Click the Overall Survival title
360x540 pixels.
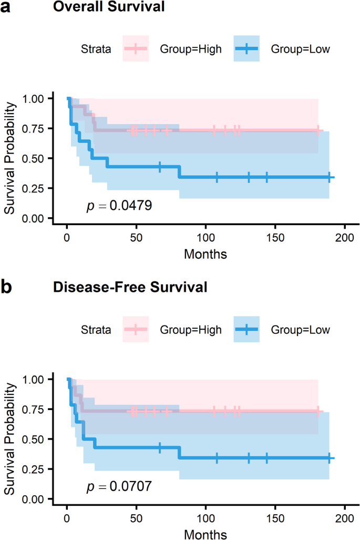point(109,6)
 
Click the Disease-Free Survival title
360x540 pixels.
point(130,287)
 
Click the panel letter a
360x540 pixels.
point(5,7)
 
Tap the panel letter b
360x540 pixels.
point(6,287)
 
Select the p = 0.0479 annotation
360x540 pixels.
point(119,206)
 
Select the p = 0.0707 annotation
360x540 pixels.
point(119,486)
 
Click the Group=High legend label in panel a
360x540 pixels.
point(191,49)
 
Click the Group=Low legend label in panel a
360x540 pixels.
point(301,49)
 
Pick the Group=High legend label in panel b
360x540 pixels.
point(191,330)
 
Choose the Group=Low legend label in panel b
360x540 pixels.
point(301,330)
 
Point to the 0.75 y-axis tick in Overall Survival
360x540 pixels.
point(33,128)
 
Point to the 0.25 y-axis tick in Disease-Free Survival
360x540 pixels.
point(33,469)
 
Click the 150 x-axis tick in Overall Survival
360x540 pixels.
point(275,237)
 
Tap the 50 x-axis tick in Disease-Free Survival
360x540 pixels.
point(136,518)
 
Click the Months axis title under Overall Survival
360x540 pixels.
point(205,254)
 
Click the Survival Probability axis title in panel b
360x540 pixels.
point(9,439)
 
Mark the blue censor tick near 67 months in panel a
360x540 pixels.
point(160,167)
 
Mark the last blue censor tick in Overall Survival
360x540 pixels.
point(330,178)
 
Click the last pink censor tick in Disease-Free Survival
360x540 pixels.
point(317,411)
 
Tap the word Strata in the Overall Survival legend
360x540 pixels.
point(96,49)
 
